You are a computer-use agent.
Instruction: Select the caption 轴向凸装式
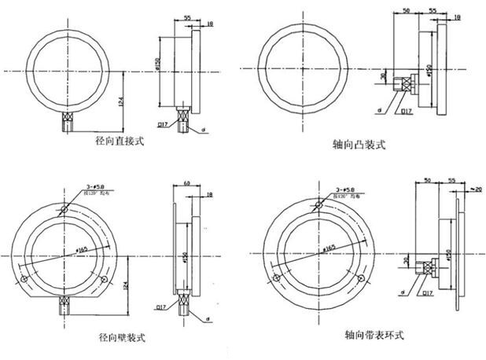point(362,145)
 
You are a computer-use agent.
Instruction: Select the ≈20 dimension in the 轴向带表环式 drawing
point(474,189)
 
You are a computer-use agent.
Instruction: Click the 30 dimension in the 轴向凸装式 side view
point(385,76)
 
